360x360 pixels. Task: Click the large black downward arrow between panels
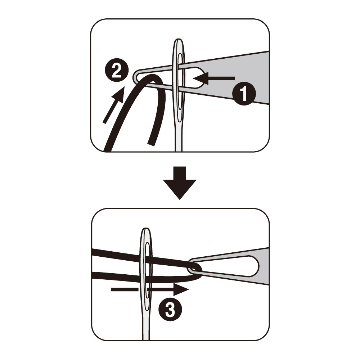[x=180, y=183]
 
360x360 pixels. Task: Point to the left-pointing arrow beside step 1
[x=214, y=78]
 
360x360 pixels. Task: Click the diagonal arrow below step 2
[x=114, y=105]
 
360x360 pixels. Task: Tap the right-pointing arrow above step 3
[x=150, y=290]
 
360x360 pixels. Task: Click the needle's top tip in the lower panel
[x=145, y=229]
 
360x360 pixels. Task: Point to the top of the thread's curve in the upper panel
[x=154, y=77]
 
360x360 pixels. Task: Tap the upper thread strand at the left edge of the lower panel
[x=94, y=252]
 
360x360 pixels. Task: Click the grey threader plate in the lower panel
[x=264, y=266]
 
